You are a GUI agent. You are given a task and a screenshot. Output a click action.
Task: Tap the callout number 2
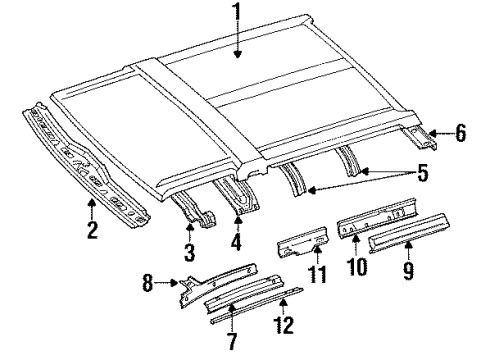92,230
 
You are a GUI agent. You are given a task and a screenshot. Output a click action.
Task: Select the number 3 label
189,252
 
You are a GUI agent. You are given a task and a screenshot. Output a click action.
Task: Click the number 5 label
422,172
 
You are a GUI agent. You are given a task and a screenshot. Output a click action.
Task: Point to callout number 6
460,133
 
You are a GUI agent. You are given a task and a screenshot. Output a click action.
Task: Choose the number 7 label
232,341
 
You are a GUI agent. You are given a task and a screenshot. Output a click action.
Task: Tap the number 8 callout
148,283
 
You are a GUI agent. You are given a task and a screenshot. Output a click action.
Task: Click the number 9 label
408,270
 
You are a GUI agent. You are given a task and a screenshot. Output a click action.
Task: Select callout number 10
356,266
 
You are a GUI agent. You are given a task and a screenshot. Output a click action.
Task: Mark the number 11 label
317,274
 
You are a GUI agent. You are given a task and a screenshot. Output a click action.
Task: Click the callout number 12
283,325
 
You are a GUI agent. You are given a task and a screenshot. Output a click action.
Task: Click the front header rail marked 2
85,166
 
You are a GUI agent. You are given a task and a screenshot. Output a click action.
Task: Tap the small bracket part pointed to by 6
419,138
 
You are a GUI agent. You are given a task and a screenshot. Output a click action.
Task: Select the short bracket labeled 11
303,242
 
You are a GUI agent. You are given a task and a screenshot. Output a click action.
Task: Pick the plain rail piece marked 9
409,233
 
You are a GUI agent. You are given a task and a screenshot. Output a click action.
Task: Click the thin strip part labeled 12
257,306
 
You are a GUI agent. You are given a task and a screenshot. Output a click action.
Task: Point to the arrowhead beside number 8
174,283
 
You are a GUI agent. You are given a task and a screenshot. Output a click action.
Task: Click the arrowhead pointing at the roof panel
237,54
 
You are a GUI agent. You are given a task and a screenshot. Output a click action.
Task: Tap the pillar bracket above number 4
236,197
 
